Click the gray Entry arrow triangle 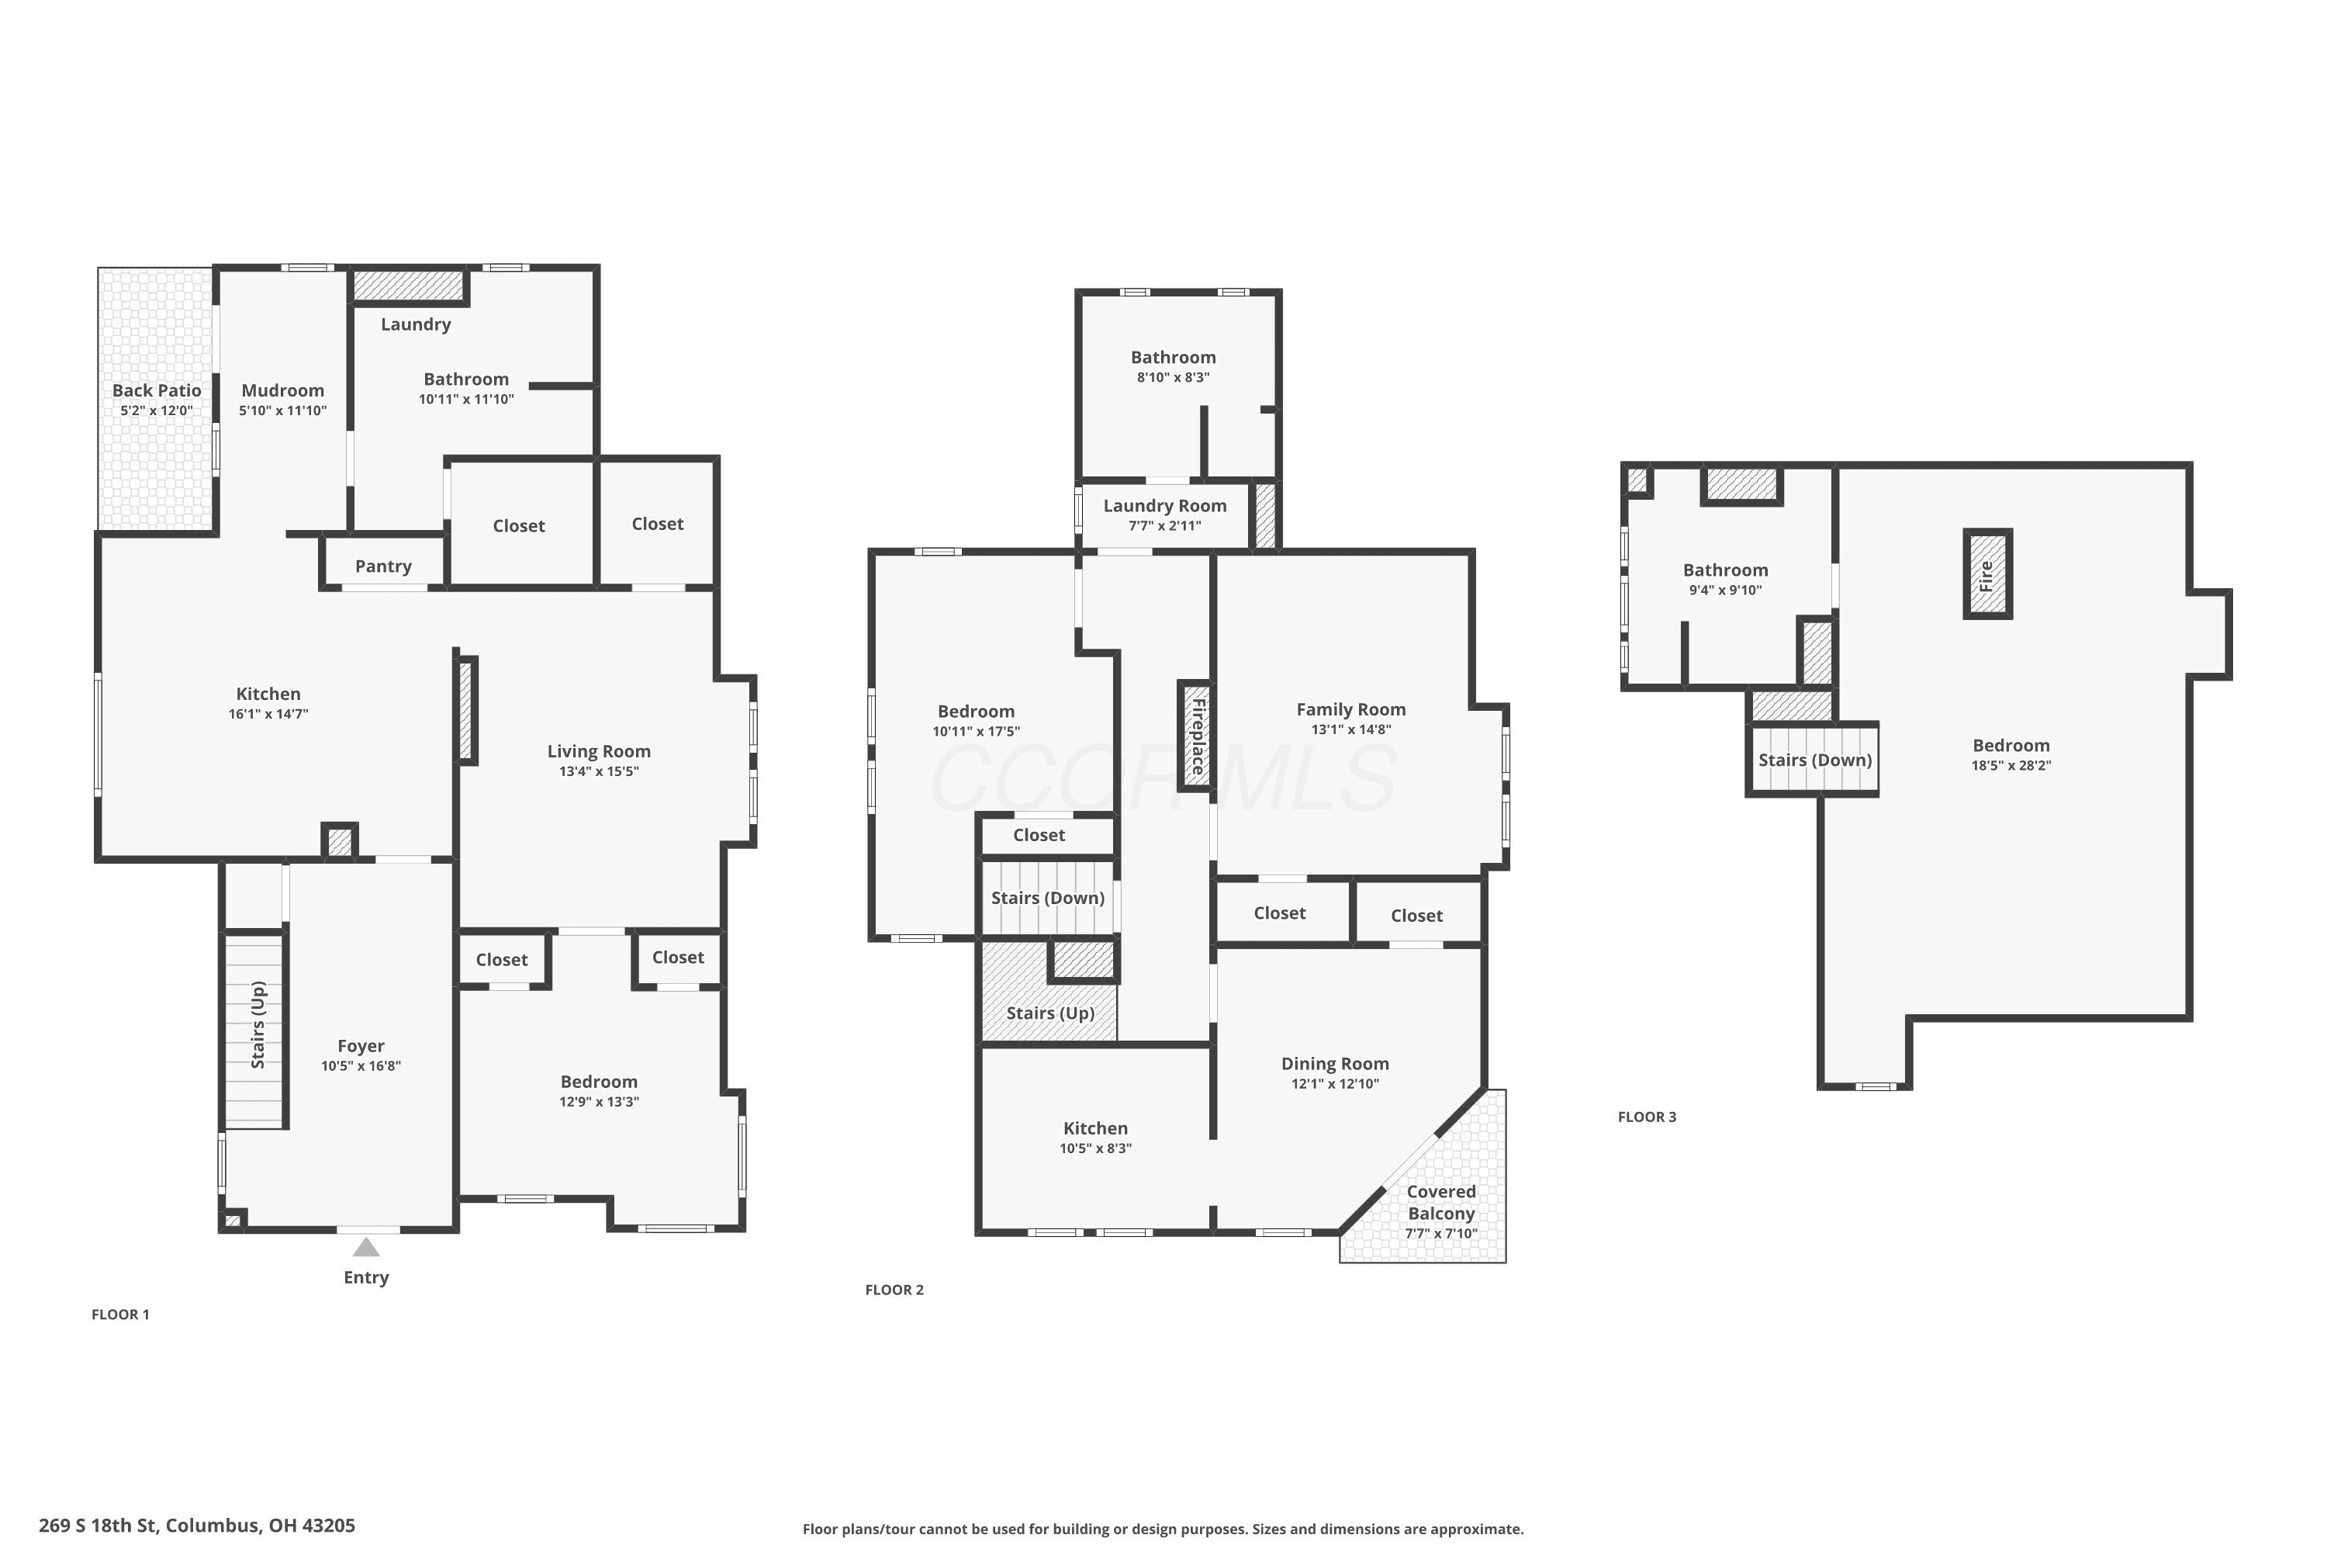pos(366,1246)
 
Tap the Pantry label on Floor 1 pos(383,566)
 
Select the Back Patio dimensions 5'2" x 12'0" pos(157,411)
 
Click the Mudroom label pos(283,390)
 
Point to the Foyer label pos(361,1046)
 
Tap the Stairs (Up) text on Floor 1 pos(258,1024)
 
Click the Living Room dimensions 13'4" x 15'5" pos(600,772)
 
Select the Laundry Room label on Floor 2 pos(1166,506)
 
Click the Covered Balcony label pos(1441,1203)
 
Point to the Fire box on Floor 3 pos(1987,575)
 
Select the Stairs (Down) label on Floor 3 pos(1816,760)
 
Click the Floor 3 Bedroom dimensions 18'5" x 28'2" pos(2011,765)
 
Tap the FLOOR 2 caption pos(894,1290)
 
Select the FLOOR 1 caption pos(121,1315)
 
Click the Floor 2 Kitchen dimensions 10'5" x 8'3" pos(1095,1149)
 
